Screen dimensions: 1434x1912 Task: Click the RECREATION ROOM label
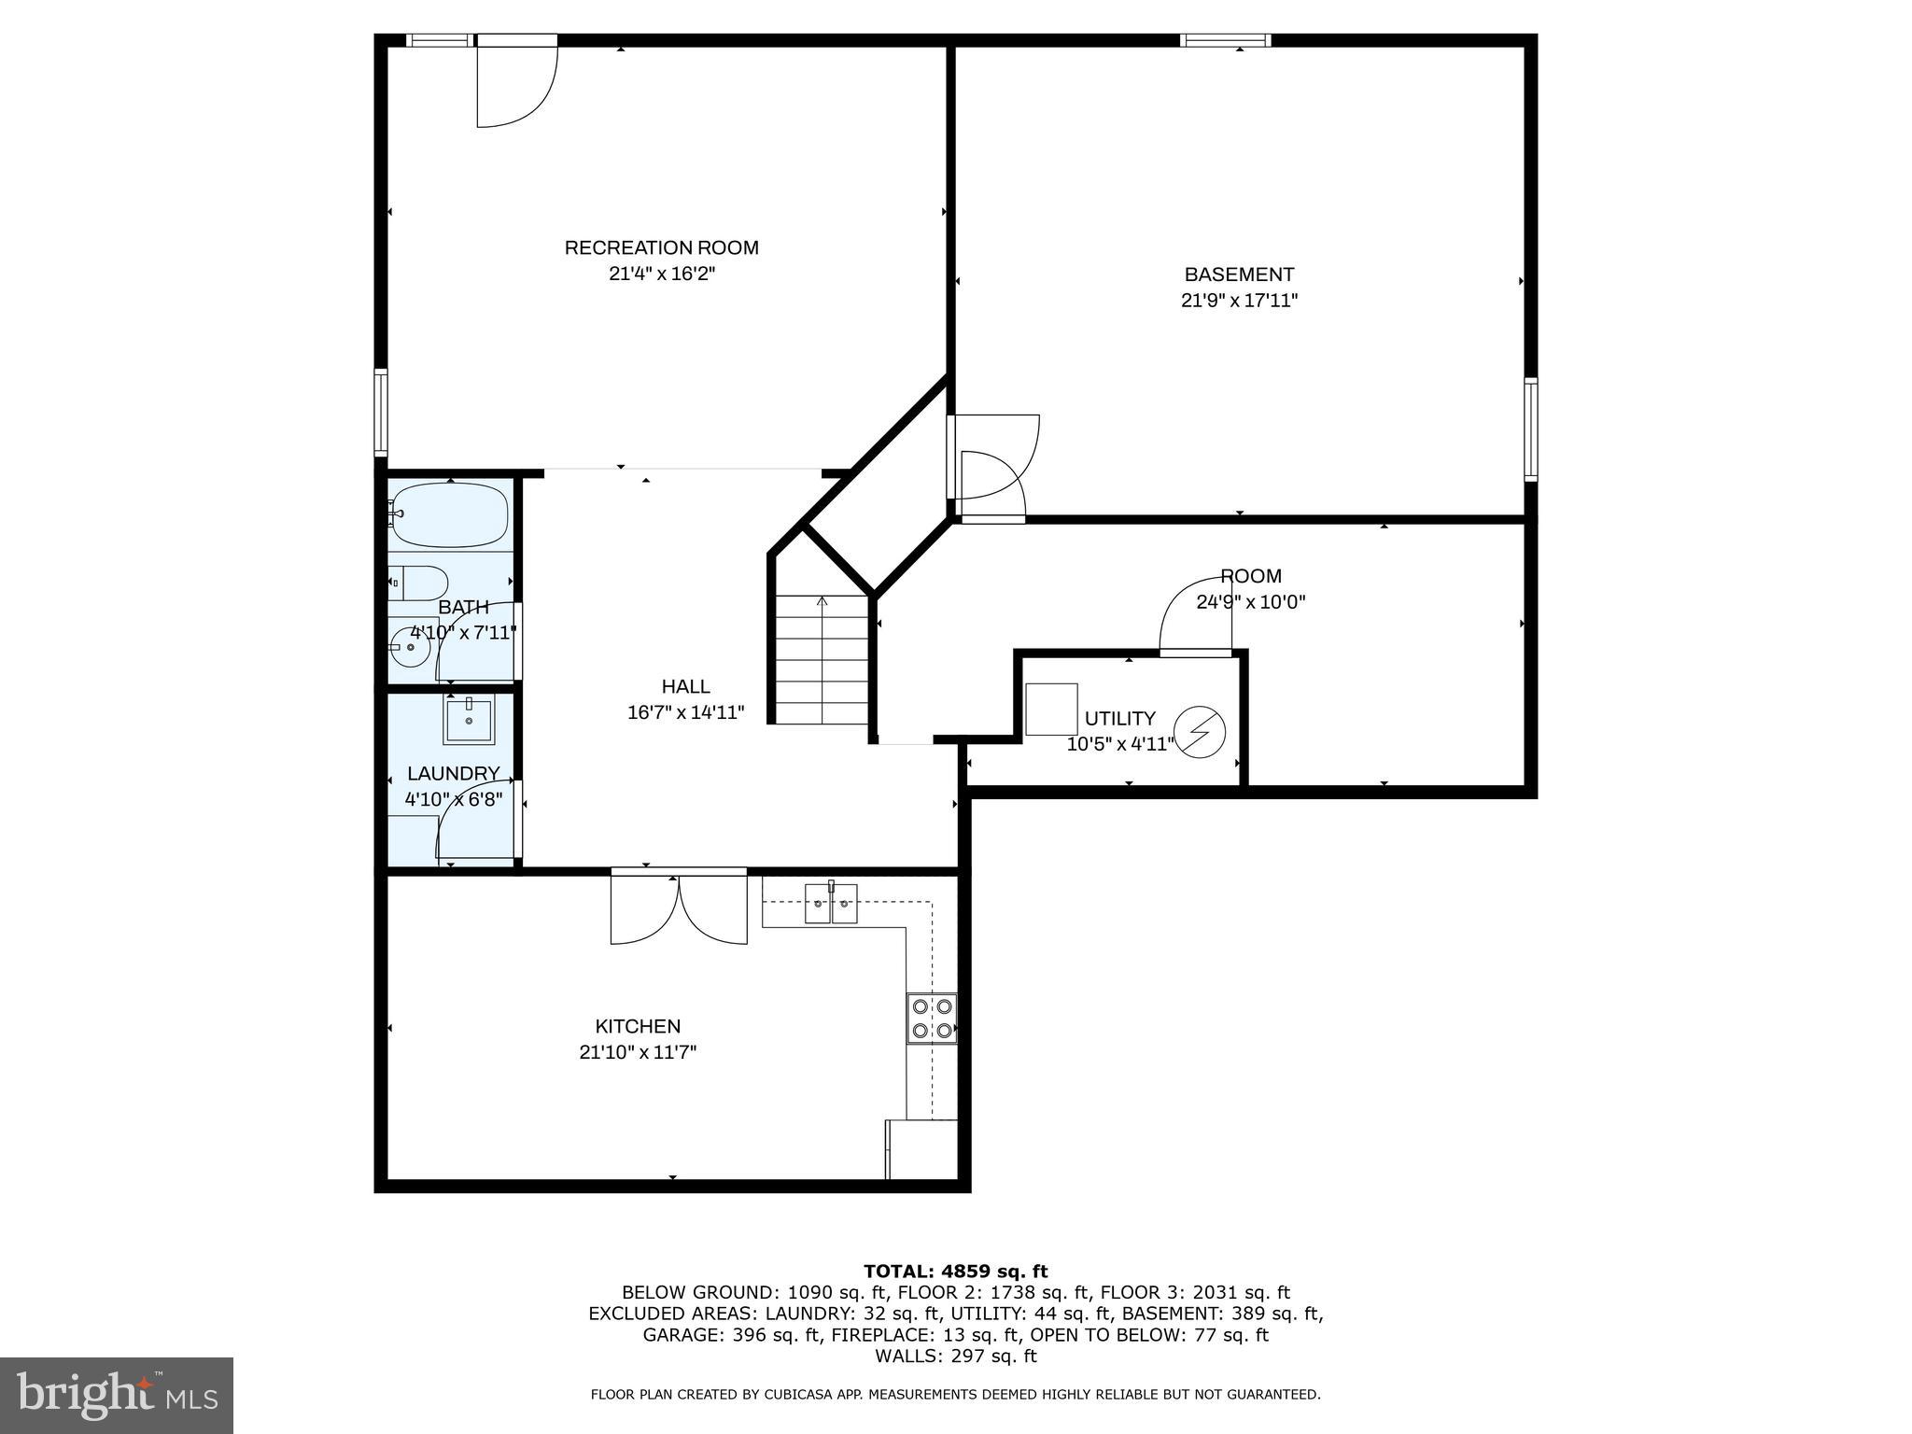661,247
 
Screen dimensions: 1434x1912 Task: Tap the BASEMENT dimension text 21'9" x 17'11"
1239,301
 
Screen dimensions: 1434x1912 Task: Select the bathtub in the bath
449,514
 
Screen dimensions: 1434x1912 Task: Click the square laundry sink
469,721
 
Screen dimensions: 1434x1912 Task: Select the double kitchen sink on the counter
831,904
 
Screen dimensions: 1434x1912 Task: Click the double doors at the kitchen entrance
679,908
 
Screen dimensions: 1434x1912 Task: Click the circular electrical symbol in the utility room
1199,732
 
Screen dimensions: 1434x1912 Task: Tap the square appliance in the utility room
1050,710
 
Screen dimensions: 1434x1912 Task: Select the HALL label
685,686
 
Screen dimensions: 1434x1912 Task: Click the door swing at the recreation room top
515,84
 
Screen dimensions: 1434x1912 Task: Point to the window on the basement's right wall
1531,429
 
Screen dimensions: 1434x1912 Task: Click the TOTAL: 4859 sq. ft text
955,1272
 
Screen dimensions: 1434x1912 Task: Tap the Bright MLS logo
117,1395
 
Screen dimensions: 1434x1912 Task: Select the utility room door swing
1195,616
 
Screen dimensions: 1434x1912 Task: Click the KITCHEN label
638,1026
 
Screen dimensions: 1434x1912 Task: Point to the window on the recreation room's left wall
381,412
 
